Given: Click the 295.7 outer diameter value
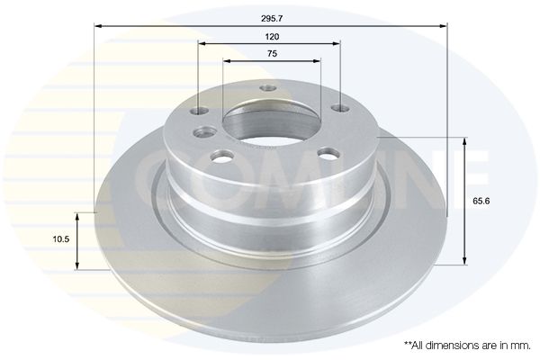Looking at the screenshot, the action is (272, 19).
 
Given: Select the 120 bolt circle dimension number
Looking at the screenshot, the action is (272, 37).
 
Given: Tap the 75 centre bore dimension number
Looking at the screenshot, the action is (272, 54).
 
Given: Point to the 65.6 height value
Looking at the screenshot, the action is (481, 202).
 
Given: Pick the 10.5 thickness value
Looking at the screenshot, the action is (61, 239).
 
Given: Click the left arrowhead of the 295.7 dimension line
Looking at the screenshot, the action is (97, 26).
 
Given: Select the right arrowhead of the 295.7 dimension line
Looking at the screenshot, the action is (444, 26).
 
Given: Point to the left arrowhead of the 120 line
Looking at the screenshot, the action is (202, 43).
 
